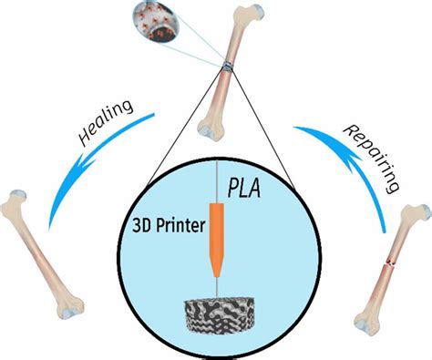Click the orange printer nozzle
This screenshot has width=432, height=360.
point(217,238)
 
